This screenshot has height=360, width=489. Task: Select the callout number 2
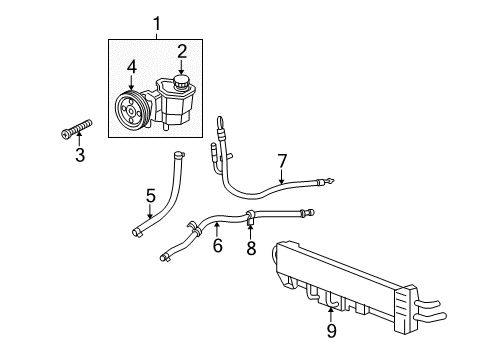click(182, 51)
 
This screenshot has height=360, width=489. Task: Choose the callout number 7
click(282, 160)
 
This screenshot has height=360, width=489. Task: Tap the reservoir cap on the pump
click(182, 81)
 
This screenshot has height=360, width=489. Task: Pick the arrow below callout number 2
click(182, 66)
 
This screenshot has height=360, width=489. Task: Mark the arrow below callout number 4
click(131, 84)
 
